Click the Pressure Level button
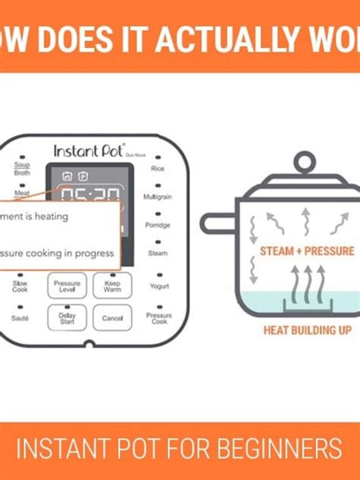click(65, 286)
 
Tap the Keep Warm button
click(112, 286)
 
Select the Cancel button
click(112, 317)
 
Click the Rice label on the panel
click(158, 168)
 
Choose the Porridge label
click(157, 225)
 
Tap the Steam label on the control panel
click(157, 253)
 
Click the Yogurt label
click(158, 286)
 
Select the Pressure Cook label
click(159, 317)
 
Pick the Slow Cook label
click(20, 286)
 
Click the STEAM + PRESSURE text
click(307, 251)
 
